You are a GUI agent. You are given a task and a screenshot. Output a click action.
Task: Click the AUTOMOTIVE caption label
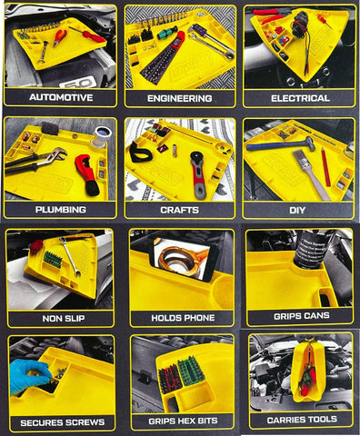click(61, 97)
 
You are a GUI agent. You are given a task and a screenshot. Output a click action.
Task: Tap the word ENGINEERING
click(180, 98)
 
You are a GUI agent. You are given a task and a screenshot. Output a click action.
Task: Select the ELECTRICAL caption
click(300, 98)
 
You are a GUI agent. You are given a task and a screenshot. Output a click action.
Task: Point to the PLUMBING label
click(61, 210)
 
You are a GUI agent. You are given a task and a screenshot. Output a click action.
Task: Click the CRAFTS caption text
click(180, 210)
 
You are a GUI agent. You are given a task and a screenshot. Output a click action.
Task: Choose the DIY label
click(297, 210)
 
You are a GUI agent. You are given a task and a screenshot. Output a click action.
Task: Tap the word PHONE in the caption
click(199, 318)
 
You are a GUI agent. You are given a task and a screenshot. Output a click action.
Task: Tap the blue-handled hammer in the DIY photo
click(280, 144)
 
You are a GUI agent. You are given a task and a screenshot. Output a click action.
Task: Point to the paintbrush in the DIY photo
click(311, 174)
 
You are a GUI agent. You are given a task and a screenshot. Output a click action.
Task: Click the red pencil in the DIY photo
click(325, 167)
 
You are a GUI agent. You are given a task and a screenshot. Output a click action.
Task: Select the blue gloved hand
click(29, 376)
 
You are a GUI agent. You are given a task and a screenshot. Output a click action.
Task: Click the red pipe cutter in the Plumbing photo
click(88, 174)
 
